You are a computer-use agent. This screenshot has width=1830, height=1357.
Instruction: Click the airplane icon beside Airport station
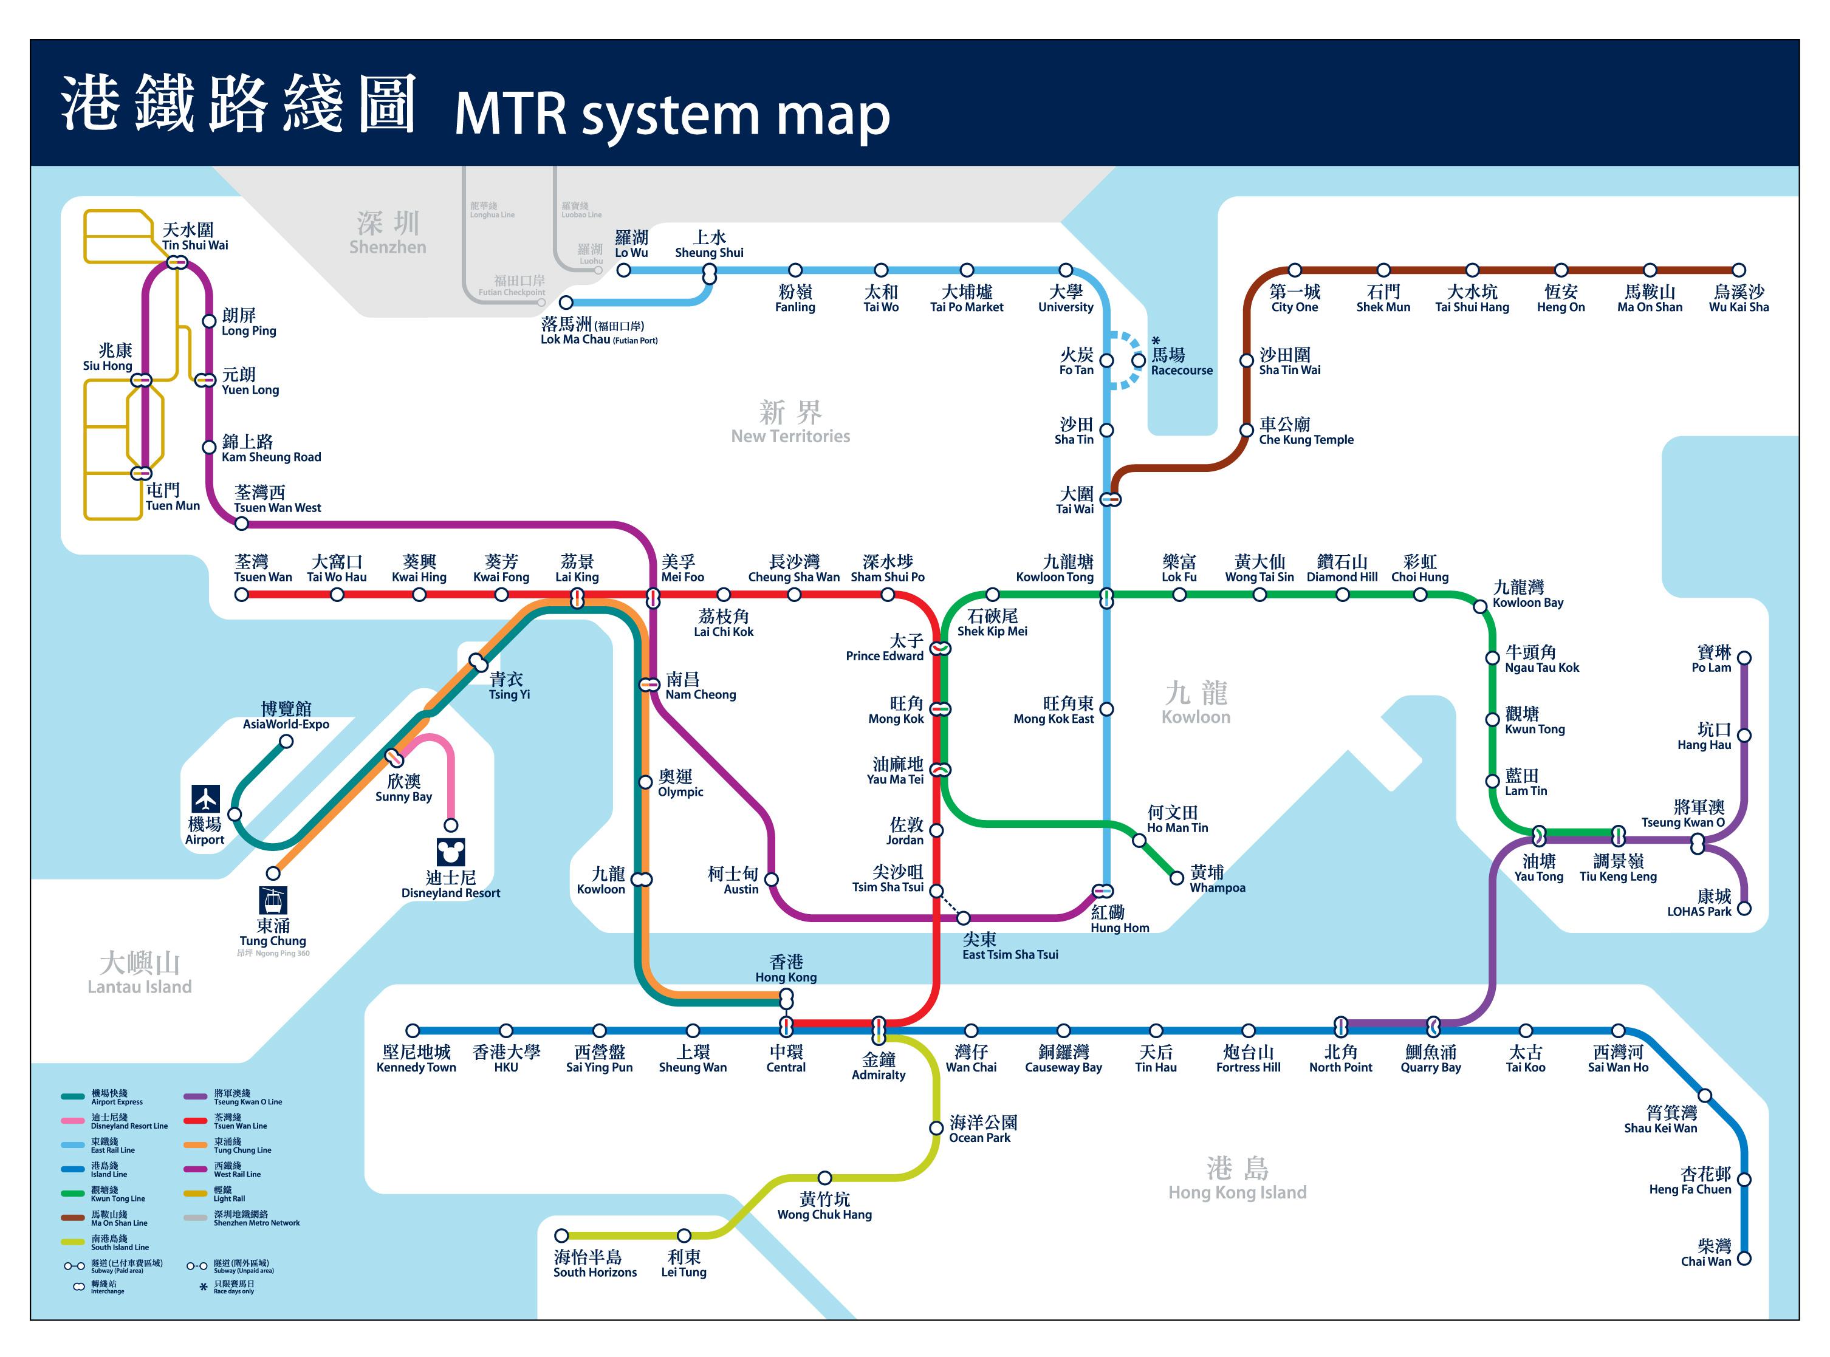coord(205,798)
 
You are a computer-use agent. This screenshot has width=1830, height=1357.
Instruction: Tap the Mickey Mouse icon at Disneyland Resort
coord(450,852)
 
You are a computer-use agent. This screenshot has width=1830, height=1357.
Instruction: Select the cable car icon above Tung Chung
coord(273,901)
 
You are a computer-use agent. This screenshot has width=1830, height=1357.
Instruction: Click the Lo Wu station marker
coord(624,270)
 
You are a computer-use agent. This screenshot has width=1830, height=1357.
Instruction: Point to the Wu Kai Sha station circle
coord(1738,270)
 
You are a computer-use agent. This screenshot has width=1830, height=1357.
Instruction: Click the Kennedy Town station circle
coord(413,1031)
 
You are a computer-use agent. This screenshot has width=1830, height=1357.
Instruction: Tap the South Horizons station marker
coord(561,1236)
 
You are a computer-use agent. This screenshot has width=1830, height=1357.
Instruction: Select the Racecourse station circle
coord(1138,360)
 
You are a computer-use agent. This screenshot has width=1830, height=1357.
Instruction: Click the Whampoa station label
coord(1216,880)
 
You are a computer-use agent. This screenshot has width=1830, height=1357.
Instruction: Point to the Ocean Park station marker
coord(936,1128)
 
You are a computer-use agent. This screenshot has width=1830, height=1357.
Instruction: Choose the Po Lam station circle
coord(1744,658)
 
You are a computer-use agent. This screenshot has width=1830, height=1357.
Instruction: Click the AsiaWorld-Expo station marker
coord(286,742)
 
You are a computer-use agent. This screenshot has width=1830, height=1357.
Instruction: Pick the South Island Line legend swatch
coord(72,1242)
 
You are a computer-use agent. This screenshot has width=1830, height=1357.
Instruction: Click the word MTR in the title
coord(510,114)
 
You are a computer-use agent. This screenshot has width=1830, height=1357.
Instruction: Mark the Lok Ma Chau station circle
coord(566,303)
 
